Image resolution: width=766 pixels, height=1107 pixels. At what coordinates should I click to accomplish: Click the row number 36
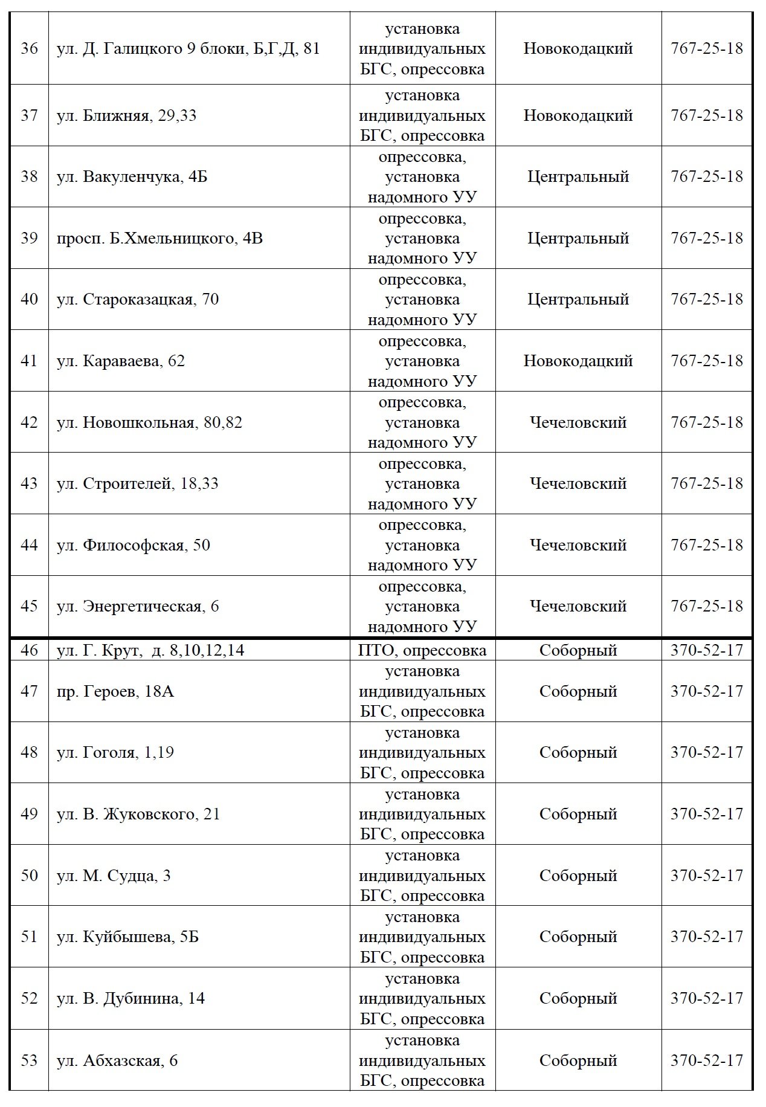pyautogui.click(x=29, y=49)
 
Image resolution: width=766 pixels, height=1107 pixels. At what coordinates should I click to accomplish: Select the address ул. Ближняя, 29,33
pyautogui.click(x=126, y=115)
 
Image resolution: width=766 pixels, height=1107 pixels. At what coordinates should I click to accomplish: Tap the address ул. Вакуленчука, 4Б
pyautogui.click(x=132, y=177)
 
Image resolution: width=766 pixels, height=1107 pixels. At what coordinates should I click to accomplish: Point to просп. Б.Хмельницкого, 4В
pyautogui.click(x=159, y=239)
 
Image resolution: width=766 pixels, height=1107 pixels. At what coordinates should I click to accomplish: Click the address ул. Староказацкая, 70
pyautogui.click(x=137, y=300)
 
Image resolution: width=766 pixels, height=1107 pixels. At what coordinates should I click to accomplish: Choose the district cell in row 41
pyautogui.click(x=578, y=361)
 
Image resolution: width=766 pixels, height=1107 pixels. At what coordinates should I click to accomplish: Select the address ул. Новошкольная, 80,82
pyautogui.click(x=149, y=422)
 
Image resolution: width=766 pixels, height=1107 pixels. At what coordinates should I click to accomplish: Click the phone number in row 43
pyautogui.click(x=706, y=483)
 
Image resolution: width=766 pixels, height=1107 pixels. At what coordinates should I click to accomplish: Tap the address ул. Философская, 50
pyautogui.click(x=133, y=545)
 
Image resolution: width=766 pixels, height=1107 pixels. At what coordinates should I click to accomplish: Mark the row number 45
pyautogui.click(x=29, y=606)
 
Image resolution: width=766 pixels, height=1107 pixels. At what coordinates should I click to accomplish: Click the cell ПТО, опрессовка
pyautogui.click(x=422, y=651)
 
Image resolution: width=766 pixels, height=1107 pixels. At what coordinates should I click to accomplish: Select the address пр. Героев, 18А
pyautogui.click(x=115, y=691)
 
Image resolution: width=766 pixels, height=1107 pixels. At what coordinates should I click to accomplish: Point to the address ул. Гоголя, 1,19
pyautogui.click(x=115, y=753)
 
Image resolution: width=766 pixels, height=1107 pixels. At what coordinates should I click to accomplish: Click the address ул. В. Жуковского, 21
pyautogui.click(x=138, y=815)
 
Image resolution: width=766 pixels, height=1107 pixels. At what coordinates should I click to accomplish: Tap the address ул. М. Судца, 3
pyautogui.click(x=114, y=876)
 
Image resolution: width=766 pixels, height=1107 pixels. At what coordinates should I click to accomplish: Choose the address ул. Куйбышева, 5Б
pyautogui.click(x=127, y=937)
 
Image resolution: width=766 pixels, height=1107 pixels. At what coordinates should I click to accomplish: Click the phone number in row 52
pyautogui.click(x=706, y=998)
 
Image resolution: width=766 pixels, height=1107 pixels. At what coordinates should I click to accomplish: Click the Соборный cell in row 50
pyautogui.click(x=578, y=876)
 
